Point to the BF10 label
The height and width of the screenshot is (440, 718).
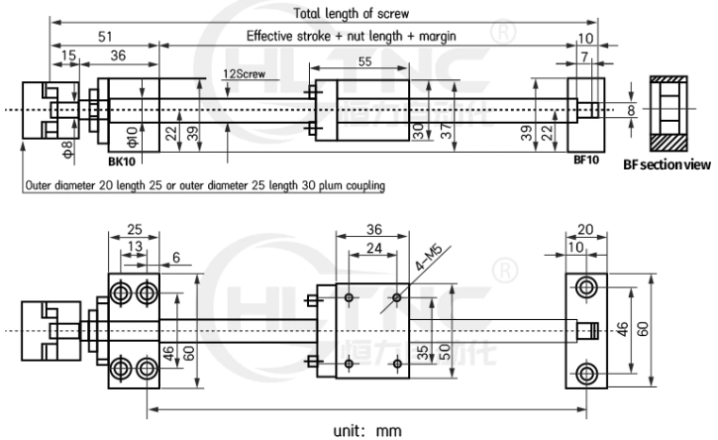586,160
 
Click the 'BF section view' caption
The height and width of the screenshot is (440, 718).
667,165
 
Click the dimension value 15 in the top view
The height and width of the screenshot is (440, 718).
65,58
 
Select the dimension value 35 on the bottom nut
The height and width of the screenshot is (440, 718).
421,353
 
